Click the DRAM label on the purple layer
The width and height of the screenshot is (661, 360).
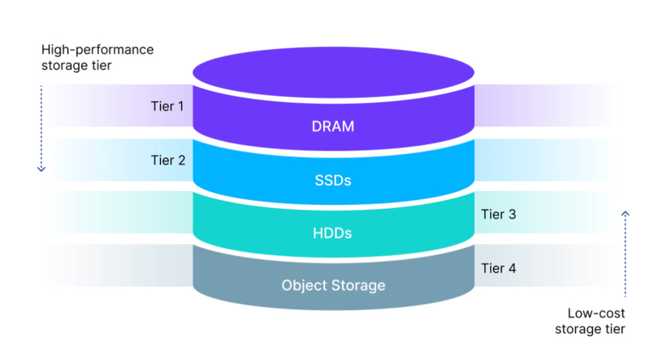coord(333,127)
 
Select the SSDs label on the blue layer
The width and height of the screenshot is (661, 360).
coord(333,181)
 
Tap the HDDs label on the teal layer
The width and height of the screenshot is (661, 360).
coord(333,233)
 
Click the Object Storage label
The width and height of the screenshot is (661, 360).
coord(333,285)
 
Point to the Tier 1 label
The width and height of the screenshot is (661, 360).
coord(167,107)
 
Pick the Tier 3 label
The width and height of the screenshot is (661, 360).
coord(498,214)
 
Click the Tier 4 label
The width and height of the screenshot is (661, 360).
coord(498,268)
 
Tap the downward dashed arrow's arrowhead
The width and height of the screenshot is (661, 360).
coord(41,168)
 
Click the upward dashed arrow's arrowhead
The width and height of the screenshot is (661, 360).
coord(625,214)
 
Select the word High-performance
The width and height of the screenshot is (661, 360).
coord(97,50)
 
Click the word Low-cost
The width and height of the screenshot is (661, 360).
coord(596,313)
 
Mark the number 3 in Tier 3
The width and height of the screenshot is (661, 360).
coord(512,214)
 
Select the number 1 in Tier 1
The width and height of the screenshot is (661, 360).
coord(180,107)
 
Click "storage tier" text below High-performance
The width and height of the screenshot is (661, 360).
coord(77,66)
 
